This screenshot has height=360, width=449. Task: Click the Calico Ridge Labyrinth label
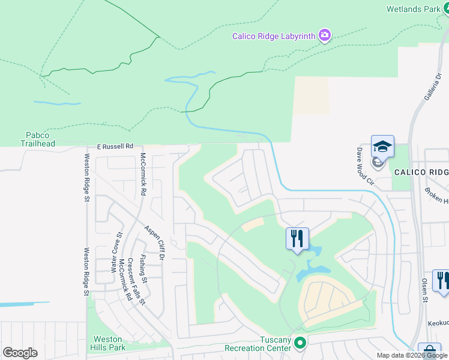(x=274, y=36)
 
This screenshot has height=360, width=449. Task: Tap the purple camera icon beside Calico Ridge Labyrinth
(x=325, y=36)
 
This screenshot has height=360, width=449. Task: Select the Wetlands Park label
(x=414, y=9)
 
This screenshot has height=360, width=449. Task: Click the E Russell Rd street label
(x=115, y=146)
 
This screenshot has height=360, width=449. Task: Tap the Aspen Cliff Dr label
(x=154, y=243)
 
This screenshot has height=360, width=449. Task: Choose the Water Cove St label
(x=116, y=253)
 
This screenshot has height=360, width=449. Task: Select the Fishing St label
(x=143, y=268)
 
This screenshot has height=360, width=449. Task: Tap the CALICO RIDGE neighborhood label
(x=421, y=172)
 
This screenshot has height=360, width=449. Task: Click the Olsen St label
(x=424, y=290)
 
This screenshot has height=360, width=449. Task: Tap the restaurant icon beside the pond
(x=297, y=238)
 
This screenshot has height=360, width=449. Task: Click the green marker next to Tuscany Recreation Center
(x=301, y=343)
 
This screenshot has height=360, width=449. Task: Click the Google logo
(x=20, y=353)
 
